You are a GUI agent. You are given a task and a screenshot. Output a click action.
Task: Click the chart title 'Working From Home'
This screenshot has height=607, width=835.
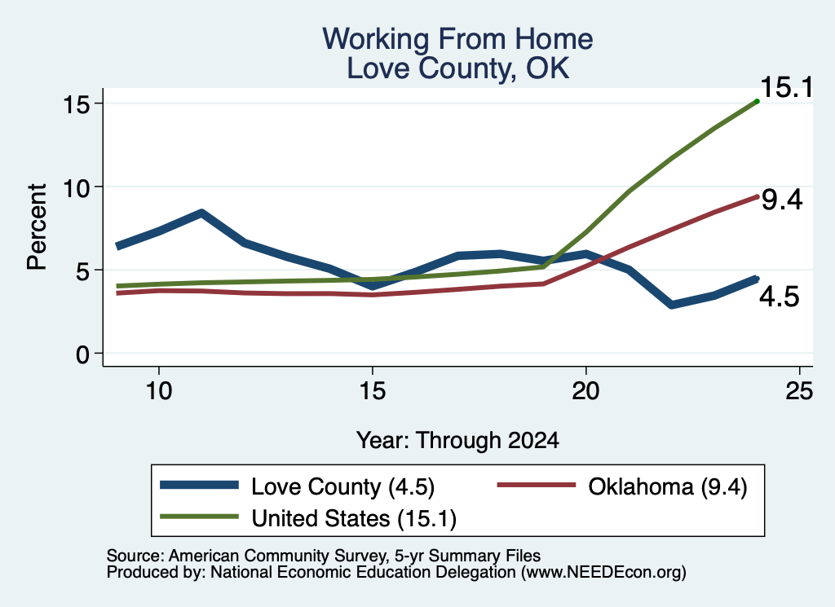point(457,39)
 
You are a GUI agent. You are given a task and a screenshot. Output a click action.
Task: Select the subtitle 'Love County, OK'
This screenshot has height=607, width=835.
point(458,68)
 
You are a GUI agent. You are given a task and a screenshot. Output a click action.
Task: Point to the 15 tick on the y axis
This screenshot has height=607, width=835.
point(76,104)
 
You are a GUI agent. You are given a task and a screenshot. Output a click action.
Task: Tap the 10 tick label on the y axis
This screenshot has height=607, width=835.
point(76,187)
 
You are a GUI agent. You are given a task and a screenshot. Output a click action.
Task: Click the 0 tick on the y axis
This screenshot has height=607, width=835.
point(82,354)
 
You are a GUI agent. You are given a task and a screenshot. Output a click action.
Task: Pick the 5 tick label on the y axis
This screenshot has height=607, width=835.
point(82,271)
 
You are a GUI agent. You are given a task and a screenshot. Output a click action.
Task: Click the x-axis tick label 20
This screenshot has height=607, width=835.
point(585,391)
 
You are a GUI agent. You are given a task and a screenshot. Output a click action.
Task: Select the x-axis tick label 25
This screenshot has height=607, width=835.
point(799,391)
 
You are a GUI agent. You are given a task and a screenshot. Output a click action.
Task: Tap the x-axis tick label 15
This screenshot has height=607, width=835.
point(372,391)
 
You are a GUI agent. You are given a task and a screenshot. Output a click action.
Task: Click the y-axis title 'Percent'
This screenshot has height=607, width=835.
point(37,227)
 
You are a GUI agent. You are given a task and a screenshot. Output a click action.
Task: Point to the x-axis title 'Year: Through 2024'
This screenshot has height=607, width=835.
point(457,441)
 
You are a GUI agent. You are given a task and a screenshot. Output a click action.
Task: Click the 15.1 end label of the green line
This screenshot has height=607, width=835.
point(787,87)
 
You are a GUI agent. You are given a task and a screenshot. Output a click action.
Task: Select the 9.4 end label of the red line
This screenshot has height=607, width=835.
point(782,200)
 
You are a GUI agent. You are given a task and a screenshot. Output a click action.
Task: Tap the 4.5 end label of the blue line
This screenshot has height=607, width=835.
point(779,297)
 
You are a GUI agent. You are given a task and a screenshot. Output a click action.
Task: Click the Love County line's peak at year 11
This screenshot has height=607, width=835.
point(201,213)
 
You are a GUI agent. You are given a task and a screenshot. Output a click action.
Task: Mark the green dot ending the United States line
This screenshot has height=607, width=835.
point(757,101)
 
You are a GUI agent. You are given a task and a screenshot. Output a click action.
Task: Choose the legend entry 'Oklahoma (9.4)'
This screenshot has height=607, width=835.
point(668,486)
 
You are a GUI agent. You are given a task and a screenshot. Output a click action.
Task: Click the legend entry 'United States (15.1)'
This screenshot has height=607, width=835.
point(354,518)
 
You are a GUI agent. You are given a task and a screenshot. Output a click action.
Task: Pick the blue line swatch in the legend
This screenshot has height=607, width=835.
point(199,485)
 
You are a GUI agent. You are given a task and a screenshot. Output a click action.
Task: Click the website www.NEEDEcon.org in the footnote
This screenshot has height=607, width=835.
point(603,573)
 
